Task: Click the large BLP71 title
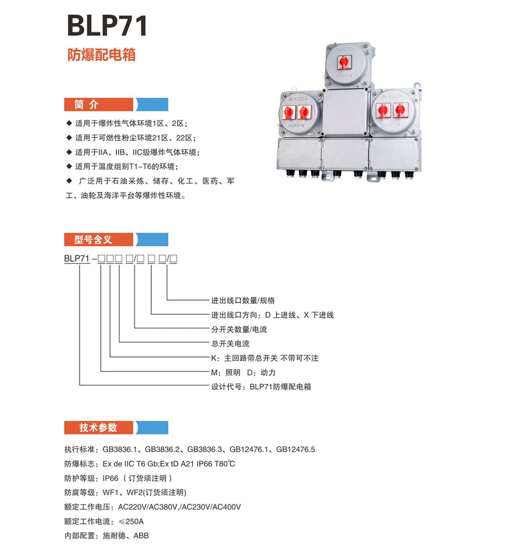coord(107,26)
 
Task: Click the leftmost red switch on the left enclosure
coord(290,111)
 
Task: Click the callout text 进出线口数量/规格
coord(243,300)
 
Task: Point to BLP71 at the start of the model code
coord(77,259)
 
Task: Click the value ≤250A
coord(131,521)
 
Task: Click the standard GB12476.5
coord(295,449)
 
